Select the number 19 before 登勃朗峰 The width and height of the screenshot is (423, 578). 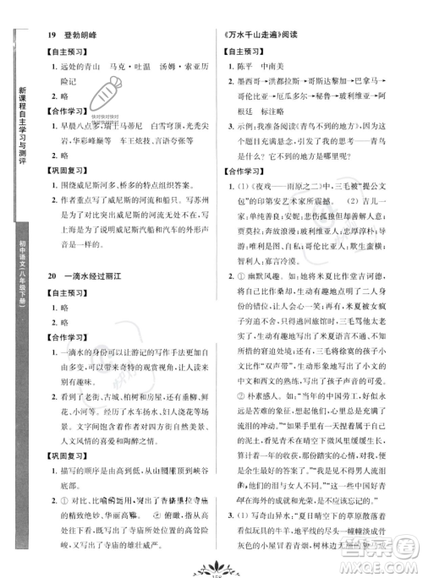(52, 34)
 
